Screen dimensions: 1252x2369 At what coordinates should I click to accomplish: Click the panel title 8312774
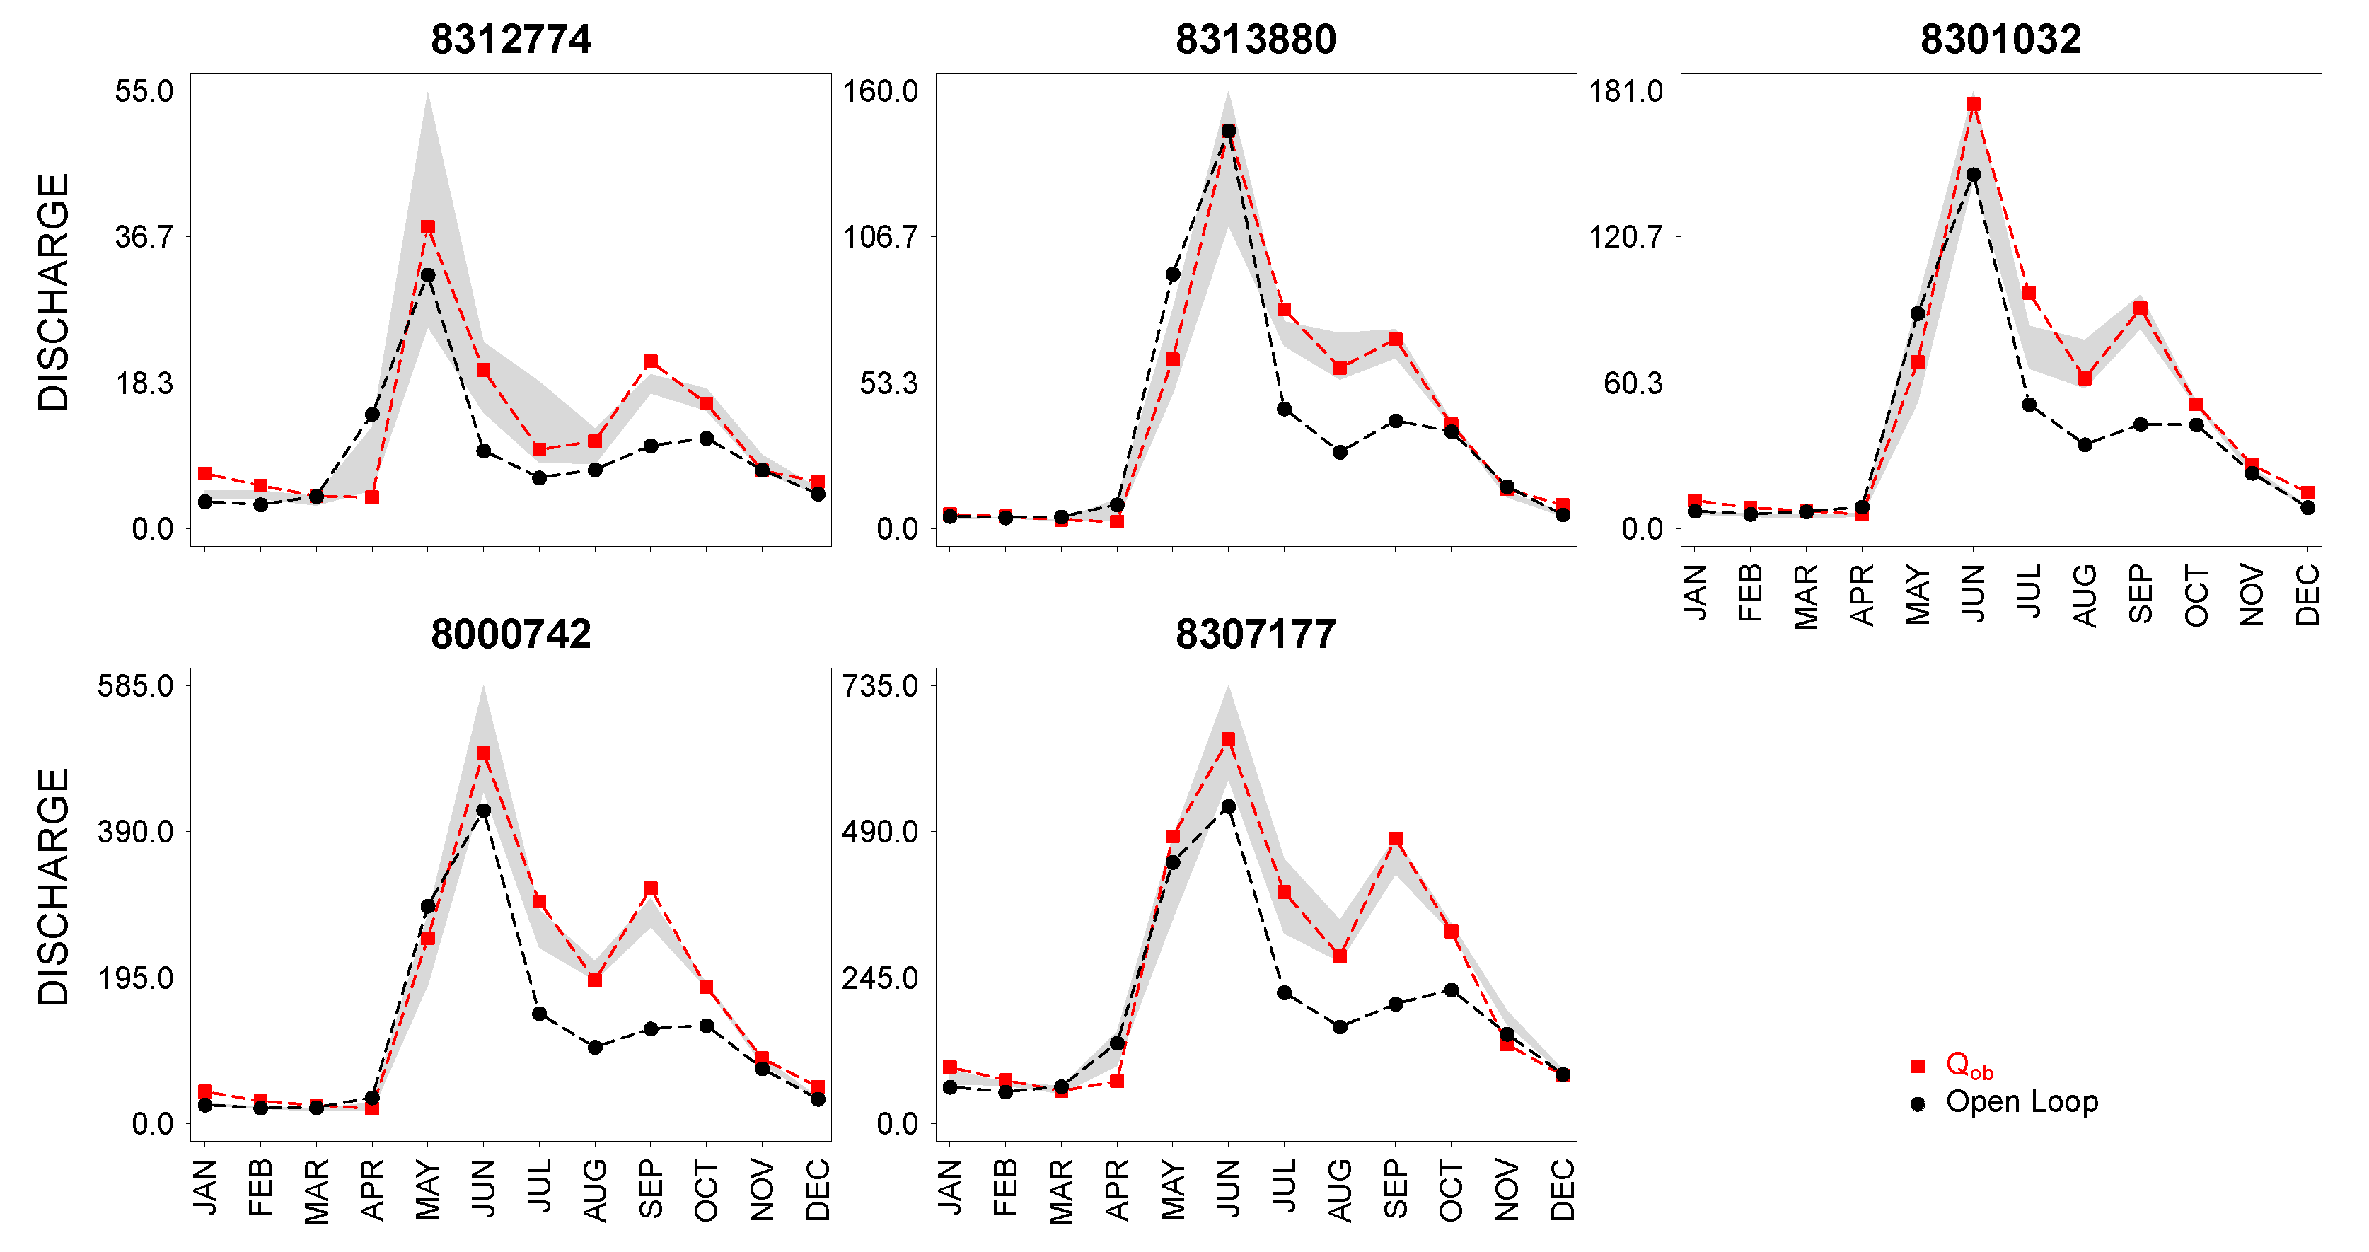511,40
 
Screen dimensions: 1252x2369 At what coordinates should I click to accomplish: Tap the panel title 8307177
1256,634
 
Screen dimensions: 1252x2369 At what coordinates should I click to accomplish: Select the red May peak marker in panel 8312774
428,227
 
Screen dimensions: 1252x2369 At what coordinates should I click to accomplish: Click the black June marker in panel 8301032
1974,175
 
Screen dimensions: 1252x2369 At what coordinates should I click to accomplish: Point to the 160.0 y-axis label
881,91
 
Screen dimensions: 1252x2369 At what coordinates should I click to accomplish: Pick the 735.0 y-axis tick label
880,686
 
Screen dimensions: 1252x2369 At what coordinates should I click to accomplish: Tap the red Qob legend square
1918,1066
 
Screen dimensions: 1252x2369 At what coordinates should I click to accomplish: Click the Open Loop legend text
2022,1102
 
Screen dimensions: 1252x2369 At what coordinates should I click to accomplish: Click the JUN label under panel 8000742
484,1188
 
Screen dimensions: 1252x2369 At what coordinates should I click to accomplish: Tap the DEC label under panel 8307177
1563,1190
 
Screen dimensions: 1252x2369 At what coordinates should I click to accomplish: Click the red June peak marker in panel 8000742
484,753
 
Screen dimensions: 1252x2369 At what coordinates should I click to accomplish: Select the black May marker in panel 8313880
1173,275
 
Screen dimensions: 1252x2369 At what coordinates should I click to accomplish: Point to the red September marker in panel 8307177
1396,839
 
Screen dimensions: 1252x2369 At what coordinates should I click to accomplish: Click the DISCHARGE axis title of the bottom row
53,887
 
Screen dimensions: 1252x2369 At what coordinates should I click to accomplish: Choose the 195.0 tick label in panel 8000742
135,978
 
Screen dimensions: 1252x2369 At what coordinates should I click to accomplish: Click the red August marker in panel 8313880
1340,368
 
